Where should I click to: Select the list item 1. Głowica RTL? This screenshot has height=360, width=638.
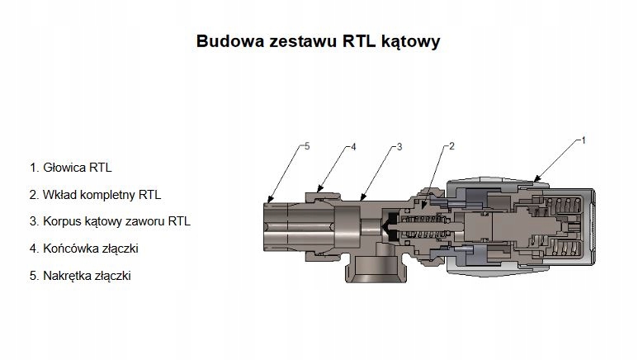click(x=71, y=168)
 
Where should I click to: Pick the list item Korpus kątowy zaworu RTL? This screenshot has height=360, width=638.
click(x=110, y=222)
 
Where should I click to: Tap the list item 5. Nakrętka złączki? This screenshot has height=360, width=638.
click(x=80, y=276)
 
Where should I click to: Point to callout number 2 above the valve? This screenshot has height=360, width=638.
click(x=451, y=146)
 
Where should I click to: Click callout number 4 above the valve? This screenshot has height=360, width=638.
click(x=352, y=146)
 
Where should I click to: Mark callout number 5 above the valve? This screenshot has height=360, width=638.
click(x=306, y=146)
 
